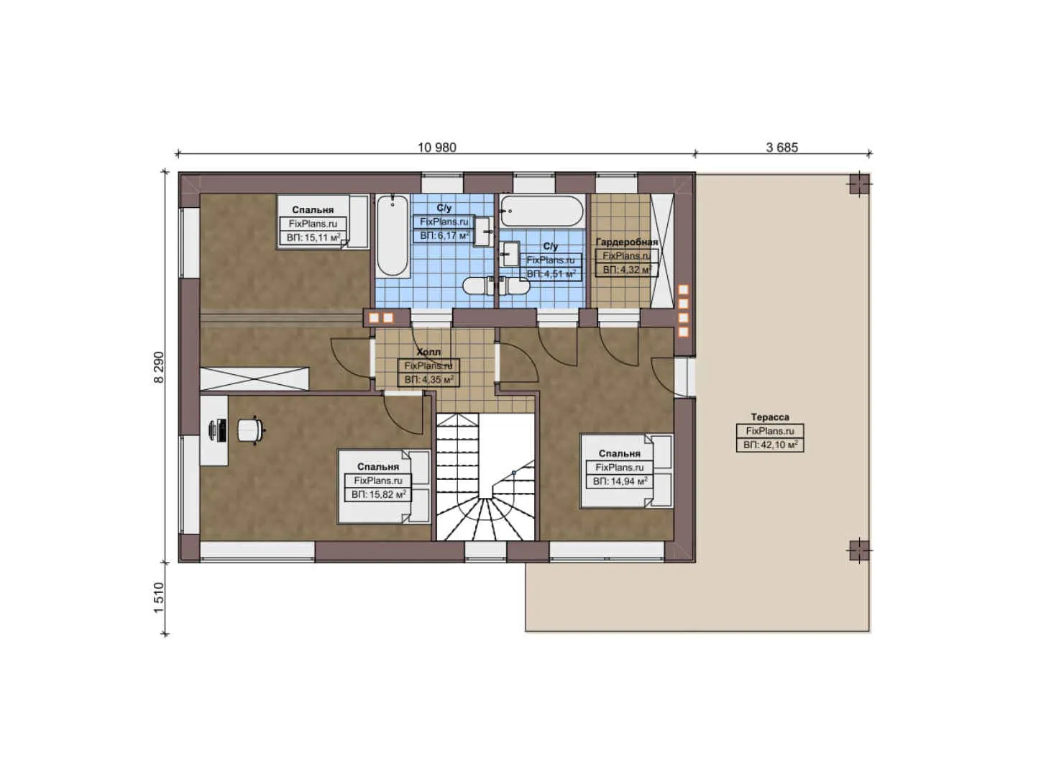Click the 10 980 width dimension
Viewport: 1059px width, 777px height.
436,147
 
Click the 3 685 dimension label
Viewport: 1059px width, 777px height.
781,147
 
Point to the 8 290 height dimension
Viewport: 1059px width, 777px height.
159,367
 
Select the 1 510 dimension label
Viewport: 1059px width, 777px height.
159,598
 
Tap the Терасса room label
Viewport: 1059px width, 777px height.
769,417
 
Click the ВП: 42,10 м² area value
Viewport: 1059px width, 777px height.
770,445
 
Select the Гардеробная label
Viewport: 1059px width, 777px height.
626,242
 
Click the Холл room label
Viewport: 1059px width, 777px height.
428,352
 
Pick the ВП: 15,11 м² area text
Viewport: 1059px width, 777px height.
313,237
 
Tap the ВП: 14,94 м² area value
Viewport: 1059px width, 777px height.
620,481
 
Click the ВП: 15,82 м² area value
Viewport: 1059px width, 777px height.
378,494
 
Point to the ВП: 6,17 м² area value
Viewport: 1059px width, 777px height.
444,236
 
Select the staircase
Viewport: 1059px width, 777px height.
485,478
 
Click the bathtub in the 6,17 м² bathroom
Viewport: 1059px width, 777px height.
392,235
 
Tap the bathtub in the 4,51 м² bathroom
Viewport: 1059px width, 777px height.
541,211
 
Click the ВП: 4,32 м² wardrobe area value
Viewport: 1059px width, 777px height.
626,270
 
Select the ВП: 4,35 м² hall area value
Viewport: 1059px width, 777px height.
428,379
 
